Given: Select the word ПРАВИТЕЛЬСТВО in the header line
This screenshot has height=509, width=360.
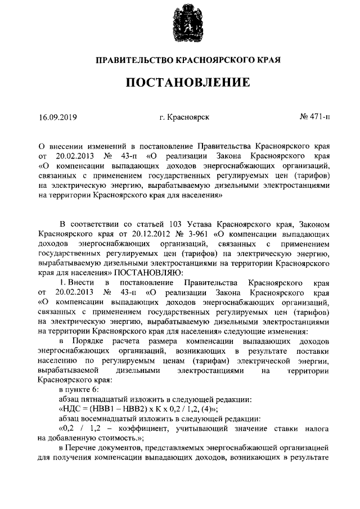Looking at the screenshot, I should [x=132, y=58].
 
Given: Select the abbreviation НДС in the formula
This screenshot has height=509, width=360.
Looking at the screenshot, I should [x=72, y=409].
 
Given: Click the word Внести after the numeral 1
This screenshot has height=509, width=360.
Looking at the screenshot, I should [x=82, y=281].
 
